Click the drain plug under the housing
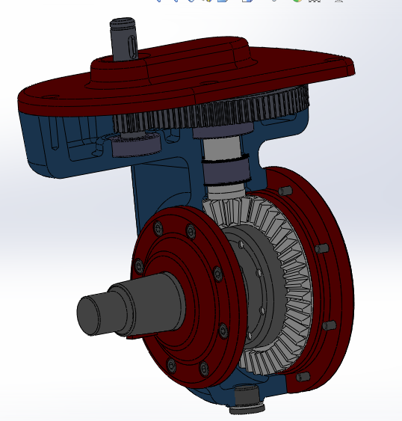tap(246, 399)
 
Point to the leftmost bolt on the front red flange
tap(137, 263)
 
